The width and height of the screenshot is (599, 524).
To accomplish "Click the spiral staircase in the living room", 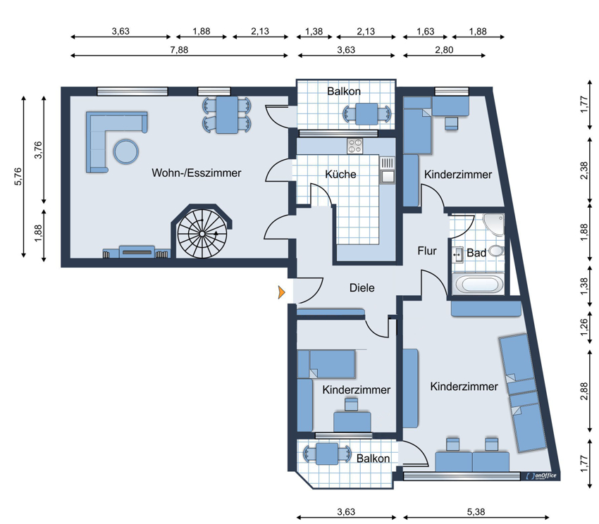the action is pos(202,233).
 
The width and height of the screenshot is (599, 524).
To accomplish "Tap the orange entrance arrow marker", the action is pos(282,292).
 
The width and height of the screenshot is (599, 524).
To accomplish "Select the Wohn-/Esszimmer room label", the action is pos(197,173).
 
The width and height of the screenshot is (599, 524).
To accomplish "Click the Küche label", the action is pos(340,174).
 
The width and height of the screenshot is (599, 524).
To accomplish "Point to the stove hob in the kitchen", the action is pos(354,146).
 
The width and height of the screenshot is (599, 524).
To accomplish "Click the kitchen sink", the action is pos(388,170).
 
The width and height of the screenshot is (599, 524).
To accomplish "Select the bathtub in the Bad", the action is pos(478,284).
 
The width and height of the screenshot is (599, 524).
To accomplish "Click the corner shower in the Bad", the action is pos(494,225).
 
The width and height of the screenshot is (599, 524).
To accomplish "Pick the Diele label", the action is pos(362,288).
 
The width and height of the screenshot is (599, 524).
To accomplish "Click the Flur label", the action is pos(427,251).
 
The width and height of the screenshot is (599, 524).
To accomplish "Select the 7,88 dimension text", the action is pos(179,49).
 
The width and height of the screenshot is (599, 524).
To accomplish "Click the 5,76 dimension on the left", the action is pos(18,177).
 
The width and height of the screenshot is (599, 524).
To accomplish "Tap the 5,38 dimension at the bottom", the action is pos(476,512).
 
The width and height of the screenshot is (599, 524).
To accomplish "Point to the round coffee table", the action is pos(125,151).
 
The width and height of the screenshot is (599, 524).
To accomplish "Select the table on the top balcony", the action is pos(366,113).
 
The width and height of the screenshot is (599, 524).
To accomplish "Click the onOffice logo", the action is pos(541,476).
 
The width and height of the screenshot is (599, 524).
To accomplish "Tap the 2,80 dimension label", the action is pos(444,49).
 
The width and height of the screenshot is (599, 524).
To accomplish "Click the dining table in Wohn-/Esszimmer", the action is pos(227,115).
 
